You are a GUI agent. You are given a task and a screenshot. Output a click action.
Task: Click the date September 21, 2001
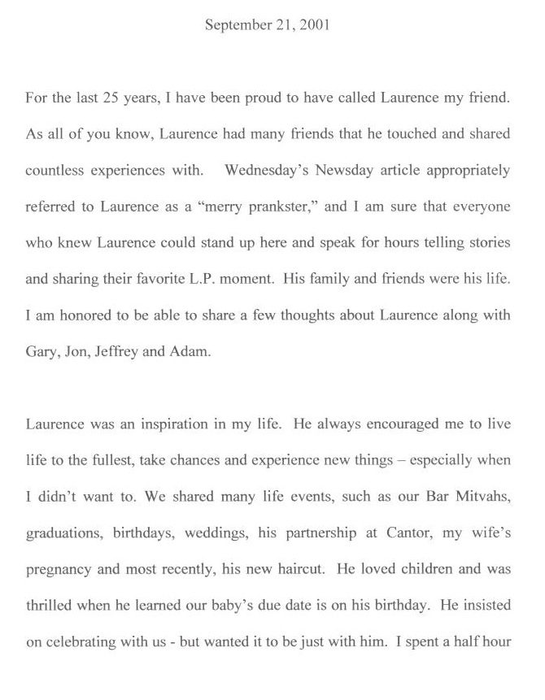pos(267,25)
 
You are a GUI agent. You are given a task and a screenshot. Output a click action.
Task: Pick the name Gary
pos(41,350)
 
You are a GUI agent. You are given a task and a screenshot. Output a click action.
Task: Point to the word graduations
pos(62,533)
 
